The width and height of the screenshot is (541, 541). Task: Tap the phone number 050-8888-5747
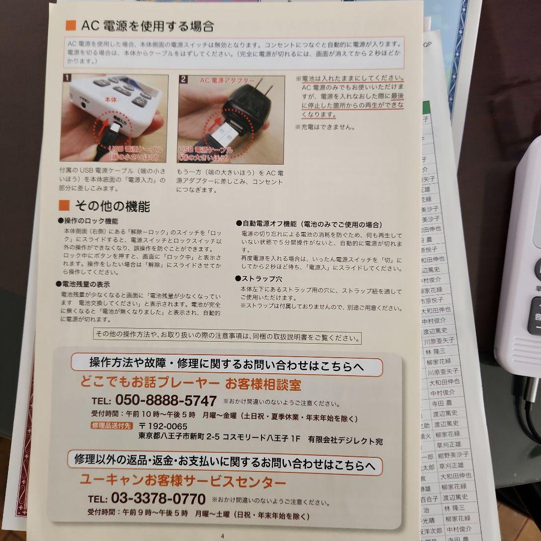point(166,401)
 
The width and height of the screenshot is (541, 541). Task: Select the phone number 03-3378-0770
point(159,499)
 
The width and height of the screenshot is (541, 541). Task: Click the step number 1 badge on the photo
point(67,79)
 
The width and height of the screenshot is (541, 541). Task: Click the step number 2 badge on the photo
point(184,79)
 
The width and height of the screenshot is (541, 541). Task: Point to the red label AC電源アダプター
point(227,81)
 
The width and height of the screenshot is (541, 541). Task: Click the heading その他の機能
point(111,206)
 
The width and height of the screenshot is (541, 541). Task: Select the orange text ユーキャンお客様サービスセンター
point(183,482)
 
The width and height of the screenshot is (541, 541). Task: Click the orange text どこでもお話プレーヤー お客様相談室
point(190,385)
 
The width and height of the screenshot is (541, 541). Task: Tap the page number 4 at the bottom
point(222,535)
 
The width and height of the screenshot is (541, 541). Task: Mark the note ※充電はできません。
point(326,127)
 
